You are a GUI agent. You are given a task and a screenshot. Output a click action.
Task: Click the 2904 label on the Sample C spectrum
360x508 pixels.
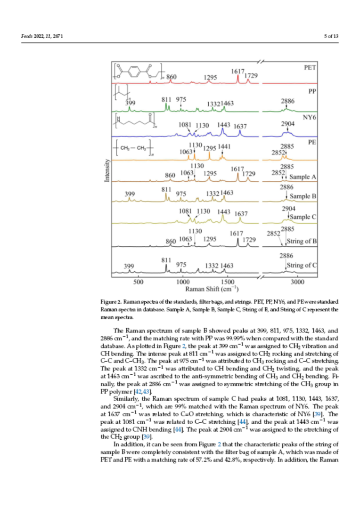288,209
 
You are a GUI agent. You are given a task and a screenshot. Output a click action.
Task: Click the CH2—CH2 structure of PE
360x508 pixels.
133,149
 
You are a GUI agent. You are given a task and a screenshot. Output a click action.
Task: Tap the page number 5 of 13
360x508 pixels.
331,37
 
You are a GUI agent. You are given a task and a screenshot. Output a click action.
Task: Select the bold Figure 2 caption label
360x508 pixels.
112,301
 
